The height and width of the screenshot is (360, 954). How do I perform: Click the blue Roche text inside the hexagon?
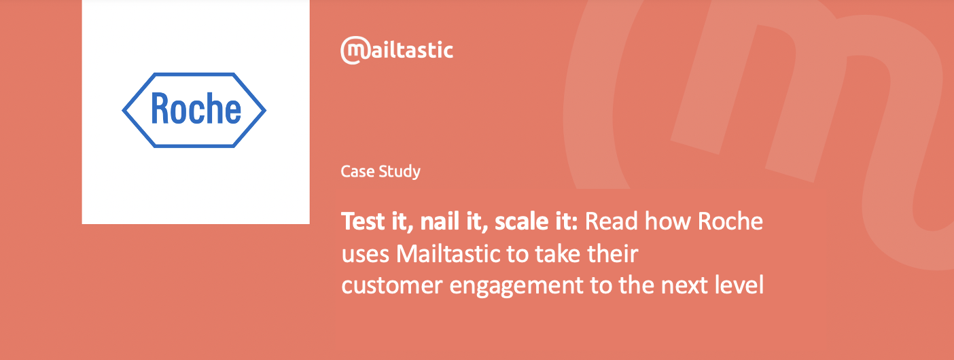(196, 109)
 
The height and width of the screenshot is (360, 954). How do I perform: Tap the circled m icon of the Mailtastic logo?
(354, 50)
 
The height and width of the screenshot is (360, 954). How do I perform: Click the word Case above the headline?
(357, 171)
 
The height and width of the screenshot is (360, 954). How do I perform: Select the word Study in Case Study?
(400, 172)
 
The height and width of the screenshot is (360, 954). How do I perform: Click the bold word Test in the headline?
(364, 221)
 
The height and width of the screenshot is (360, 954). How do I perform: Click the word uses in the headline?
(366, 254)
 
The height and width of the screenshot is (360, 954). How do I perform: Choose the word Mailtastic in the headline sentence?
(448, 253)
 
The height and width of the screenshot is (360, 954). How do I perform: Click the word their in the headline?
(613, 253)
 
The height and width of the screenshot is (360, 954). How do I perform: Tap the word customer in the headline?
(392, 285)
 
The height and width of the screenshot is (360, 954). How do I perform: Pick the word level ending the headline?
(739, 285)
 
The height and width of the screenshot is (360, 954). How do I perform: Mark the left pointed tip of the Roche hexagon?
(123, 110)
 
